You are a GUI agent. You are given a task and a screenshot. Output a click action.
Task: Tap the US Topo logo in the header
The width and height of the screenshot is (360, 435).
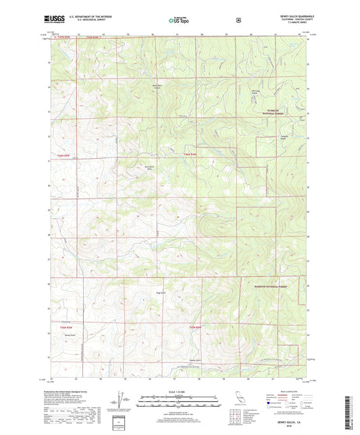[179, 20]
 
